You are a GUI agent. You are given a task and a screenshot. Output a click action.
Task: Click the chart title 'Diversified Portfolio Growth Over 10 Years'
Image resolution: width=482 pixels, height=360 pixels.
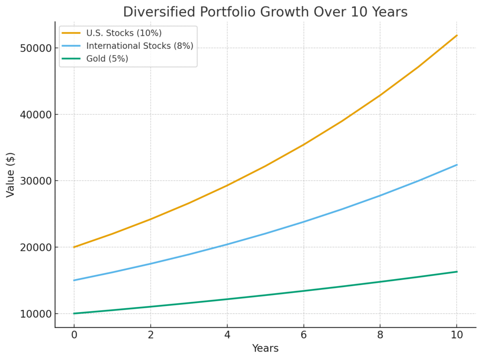click(265, 12)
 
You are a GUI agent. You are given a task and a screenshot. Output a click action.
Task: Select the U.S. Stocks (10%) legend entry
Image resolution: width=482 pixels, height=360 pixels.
click(124, 33)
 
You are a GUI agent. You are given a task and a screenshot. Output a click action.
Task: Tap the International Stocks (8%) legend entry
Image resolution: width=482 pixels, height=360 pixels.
click(140, 46)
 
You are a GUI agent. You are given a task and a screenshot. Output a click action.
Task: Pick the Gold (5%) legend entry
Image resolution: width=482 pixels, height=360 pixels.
click(107, 59)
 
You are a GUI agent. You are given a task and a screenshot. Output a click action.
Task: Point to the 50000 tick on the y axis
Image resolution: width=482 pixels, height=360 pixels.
click(35, 48)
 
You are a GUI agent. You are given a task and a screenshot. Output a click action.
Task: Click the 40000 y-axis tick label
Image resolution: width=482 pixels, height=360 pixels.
click(35, 115)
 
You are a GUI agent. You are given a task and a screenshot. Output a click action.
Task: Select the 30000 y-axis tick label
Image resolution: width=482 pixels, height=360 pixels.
click(35, 181)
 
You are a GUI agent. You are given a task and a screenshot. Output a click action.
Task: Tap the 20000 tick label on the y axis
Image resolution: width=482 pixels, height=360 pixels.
click(35, 248)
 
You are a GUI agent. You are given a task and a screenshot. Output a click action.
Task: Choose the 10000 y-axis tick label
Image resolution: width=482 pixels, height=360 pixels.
click(35, 314)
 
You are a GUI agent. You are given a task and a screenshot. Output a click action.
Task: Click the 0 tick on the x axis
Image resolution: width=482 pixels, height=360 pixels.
click(74, 335)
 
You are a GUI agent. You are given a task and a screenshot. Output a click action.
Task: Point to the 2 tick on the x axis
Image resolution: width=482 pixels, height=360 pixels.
click(151, 335)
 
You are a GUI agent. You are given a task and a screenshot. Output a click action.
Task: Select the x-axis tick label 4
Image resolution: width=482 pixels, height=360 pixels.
click(227, 335)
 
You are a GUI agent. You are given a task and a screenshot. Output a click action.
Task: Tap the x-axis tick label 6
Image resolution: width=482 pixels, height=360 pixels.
click(304, 335)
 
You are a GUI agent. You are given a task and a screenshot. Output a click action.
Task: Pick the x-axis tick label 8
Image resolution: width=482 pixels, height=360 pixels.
click(380, 335)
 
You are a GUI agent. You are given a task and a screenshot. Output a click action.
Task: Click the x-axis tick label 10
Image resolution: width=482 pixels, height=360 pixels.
click(457, 335)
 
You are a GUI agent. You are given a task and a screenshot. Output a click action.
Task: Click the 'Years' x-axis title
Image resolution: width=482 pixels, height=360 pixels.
click(265, 349)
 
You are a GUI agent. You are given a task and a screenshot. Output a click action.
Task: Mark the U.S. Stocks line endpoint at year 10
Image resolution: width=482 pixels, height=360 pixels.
click(457, 35)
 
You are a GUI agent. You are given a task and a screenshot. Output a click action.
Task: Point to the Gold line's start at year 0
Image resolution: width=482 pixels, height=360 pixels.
click(74, 313)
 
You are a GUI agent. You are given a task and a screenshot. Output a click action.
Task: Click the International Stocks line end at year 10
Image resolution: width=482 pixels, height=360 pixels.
click(457, 165)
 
